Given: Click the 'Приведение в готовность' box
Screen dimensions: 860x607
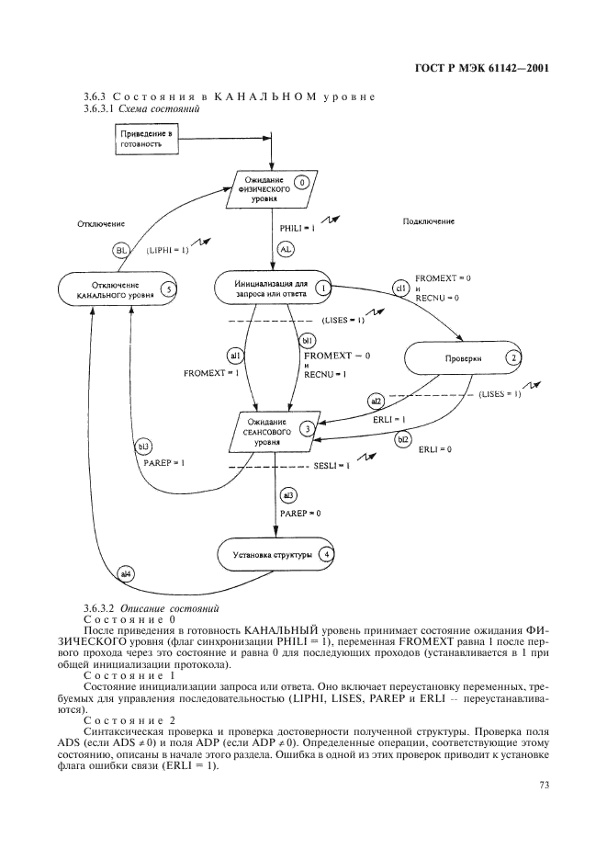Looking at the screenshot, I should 146,140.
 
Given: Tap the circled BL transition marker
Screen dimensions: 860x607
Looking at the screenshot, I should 122,249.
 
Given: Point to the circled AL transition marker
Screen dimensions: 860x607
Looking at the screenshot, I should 285,249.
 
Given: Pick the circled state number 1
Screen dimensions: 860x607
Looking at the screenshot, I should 324,287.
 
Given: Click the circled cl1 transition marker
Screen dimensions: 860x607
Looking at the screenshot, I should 400,288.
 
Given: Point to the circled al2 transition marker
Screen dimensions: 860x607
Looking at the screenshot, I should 376,401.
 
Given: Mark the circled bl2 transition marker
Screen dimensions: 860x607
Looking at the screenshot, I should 403,439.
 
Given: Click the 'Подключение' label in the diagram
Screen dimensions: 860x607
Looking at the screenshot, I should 429,221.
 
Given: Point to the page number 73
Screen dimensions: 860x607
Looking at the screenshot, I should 543,784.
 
